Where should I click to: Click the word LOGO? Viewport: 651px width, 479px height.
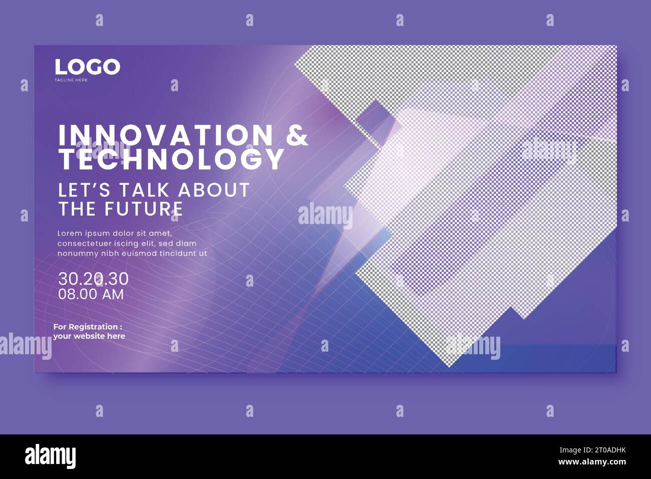[87, 67]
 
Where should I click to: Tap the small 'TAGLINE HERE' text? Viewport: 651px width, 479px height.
[71, 80]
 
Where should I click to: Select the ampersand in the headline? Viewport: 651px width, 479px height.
[297, 135]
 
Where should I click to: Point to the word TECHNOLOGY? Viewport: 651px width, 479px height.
[172, 159]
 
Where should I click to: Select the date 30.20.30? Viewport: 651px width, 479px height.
[93, 279]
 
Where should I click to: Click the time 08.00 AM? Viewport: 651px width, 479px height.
[91, 294]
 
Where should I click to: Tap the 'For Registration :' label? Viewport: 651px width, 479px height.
[88, 327]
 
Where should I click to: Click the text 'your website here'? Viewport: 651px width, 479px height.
[89, 336]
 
